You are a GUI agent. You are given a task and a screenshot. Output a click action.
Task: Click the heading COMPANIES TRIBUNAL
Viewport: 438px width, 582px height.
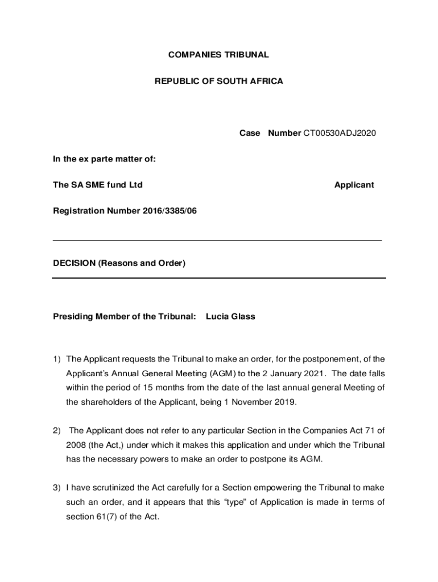[x=218, y=55]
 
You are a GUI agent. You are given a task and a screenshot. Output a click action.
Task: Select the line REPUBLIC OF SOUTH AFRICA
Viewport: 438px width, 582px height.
[x=218, y=81]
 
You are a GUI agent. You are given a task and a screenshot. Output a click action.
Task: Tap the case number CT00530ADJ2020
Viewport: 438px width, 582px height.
[x=339, y=133]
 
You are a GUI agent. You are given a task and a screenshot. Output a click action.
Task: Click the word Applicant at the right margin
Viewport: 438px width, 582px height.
[x=354, y=185]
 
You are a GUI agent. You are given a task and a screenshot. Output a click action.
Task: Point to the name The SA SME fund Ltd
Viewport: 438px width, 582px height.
[x=97, y=185]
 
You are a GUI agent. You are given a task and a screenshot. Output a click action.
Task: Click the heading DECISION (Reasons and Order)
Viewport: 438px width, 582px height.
[x=119, y=263]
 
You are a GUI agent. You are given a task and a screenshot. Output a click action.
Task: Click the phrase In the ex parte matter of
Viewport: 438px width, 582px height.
[x=104, y=159]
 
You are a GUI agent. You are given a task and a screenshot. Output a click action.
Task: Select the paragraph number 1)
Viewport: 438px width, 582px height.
[x=57, y=359]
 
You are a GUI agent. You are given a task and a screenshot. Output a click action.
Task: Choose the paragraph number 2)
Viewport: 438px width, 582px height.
[x=57, y=430]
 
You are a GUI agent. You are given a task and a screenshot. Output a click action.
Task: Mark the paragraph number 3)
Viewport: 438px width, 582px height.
[x=57, y=487]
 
